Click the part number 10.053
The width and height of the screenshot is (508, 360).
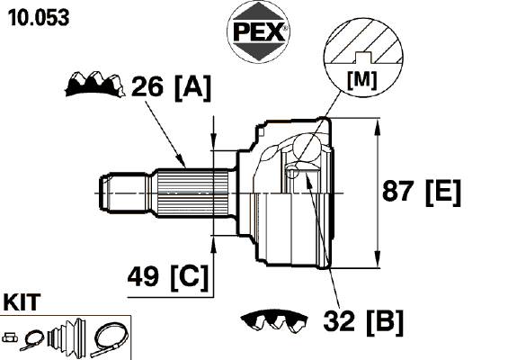(39, 17)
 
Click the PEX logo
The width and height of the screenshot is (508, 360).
(258, 31)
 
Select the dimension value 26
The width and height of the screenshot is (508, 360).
(147, 86)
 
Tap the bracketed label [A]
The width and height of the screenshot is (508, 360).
(192, 87)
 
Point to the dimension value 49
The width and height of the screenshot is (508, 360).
(143, 276)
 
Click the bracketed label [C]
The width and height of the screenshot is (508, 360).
(190, 277)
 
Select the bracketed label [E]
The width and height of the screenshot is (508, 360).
(443, 193)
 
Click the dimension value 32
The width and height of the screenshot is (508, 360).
(339, 320)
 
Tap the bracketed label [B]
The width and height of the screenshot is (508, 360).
(385, 322)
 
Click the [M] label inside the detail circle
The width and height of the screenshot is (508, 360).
(361, 80)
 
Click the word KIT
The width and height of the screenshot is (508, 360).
(22, 301)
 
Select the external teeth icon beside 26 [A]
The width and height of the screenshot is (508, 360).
(95, 84)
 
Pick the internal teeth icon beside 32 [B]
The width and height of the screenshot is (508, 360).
(274, 320)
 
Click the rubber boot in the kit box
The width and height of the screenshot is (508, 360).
(67, 335)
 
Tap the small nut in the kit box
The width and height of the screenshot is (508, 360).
(10, 337)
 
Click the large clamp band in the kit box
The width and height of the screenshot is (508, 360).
(110, 339)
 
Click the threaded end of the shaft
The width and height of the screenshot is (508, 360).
(124, 193)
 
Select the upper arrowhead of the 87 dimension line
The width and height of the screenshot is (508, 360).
(377, 128)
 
